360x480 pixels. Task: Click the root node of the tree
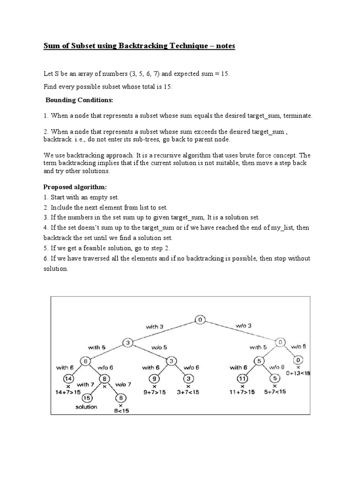(x=200, y=320)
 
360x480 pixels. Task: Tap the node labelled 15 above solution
(x=86, y=397)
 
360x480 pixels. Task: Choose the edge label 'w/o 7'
(x=124, y=383)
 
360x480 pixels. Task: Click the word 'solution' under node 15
(x=86, y=407)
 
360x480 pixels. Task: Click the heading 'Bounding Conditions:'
(x=79, y=100)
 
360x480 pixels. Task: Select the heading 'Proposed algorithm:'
(x=76, y=187)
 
